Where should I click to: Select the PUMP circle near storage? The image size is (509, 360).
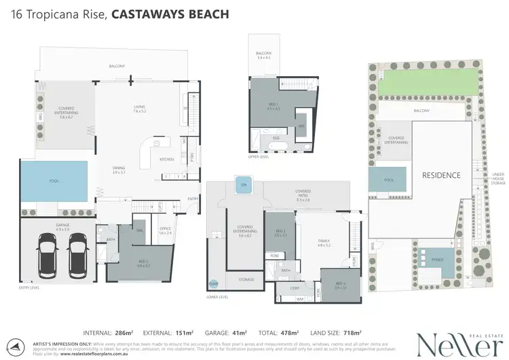[214, 283]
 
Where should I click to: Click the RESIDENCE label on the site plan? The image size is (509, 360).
[441, 175]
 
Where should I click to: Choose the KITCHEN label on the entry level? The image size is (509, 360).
[166, 160]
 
